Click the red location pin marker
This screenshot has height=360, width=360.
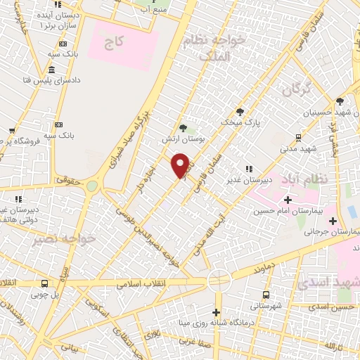pos(180,165)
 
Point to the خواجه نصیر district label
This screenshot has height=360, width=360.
pos(63,239)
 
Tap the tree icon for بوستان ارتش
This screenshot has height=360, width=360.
pos(184,128)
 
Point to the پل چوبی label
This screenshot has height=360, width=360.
pos(44,294)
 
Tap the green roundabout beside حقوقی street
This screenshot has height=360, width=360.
pos(92,186)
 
